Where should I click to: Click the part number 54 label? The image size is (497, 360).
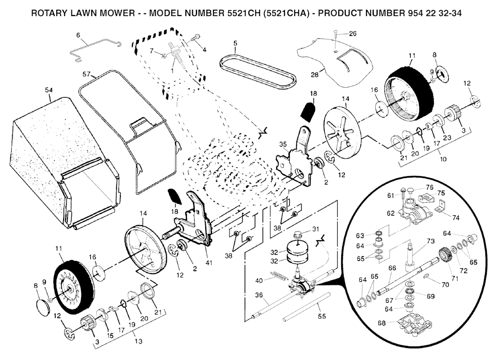(49, 90)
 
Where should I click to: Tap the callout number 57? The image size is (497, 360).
(86, 74)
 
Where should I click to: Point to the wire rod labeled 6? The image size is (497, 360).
(95, 49)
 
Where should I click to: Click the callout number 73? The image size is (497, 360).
(431, 241)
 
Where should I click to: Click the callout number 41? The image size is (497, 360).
(209, 262)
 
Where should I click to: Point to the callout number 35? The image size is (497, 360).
(283, 145)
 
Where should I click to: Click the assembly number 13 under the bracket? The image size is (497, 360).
(138, 341)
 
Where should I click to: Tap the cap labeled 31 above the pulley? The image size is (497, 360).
(299, 235)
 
